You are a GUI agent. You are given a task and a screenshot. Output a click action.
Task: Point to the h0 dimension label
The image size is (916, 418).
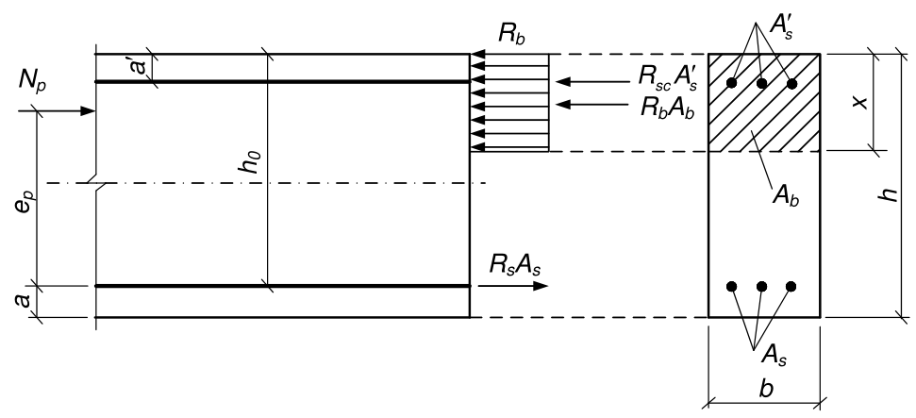(249, 161)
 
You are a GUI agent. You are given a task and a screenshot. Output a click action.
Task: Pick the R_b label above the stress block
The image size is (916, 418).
(511, 33)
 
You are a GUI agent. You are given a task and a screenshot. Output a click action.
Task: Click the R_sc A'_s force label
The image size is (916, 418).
(666, 75)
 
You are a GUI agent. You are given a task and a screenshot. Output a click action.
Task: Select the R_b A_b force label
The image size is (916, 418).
(667, 108)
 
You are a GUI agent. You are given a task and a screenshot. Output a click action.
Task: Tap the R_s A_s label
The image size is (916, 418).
(515, 265)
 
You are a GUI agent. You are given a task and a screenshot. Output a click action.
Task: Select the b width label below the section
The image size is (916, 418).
(766, 389)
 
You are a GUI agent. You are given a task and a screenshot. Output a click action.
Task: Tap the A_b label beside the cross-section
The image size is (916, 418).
(785, 195)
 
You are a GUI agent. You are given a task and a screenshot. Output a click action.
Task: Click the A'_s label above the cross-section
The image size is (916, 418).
(781, 27)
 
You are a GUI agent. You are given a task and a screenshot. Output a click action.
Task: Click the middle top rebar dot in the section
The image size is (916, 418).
(762, 84)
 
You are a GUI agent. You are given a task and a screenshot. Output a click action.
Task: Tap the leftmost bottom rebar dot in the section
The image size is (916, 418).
(731, 286)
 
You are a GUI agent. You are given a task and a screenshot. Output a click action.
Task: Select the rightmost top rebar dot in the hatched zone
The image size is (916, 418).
(791, 84)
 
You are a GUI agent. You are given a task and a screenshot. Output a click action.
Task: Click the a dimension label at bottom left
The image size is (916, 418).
(24, 300)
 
